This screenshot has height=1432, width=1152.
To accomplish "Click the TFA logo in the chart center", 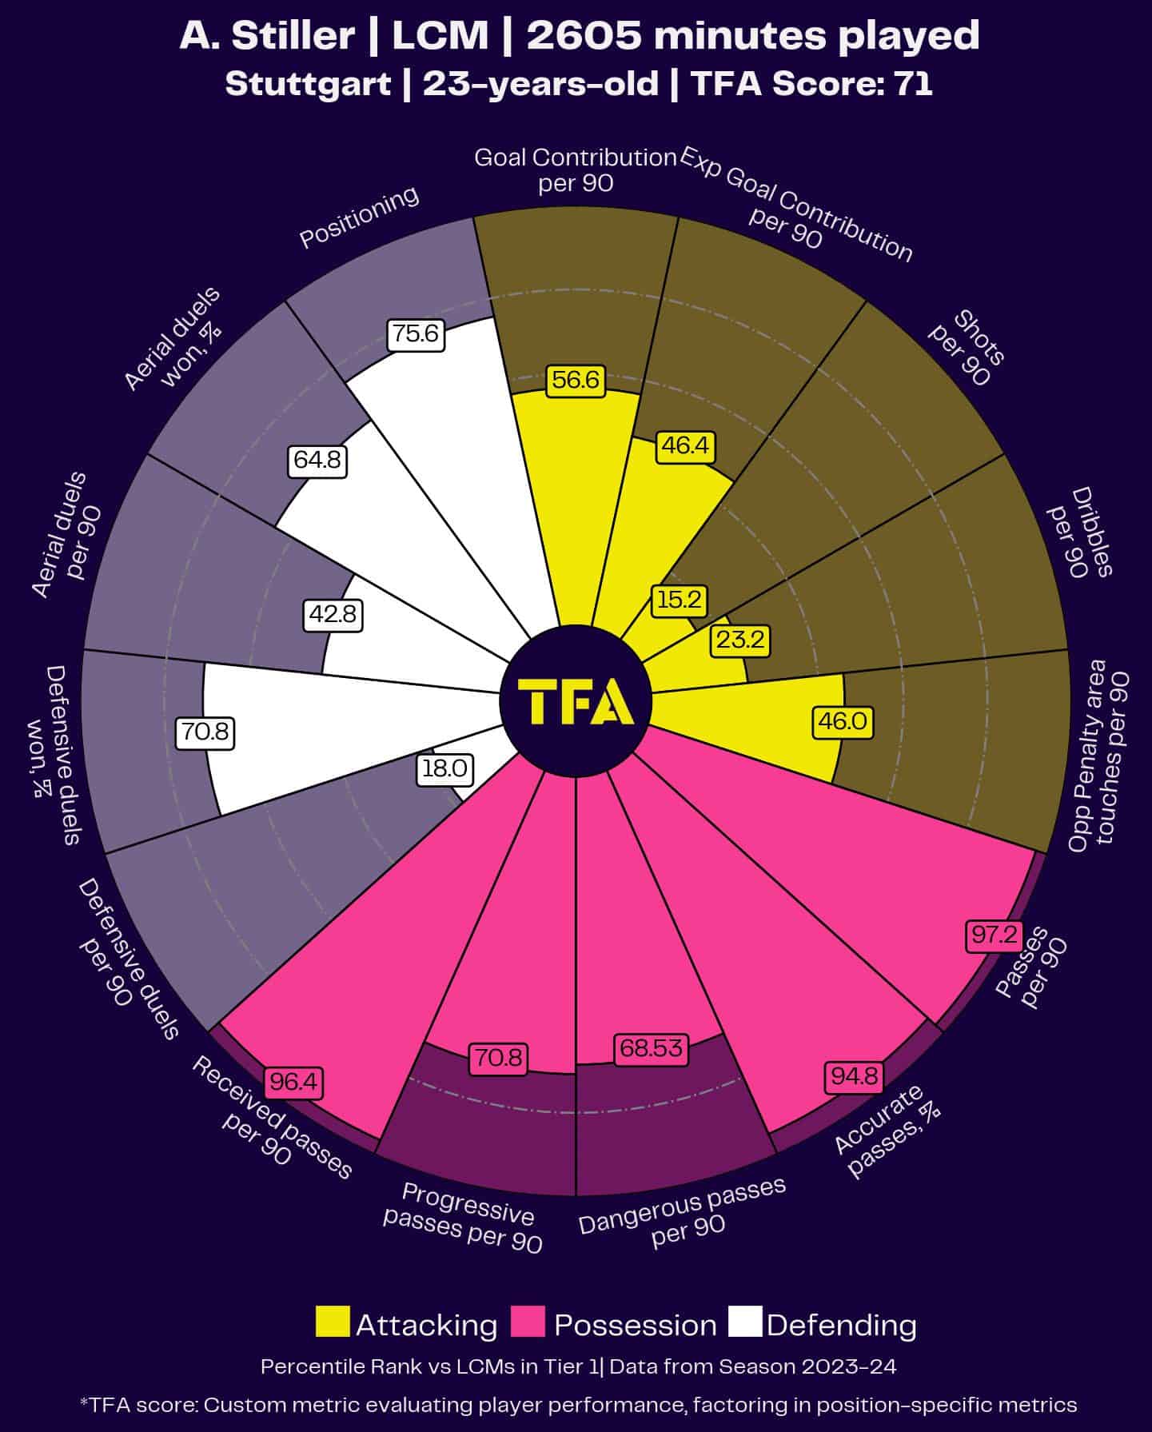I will (x=576, y=701).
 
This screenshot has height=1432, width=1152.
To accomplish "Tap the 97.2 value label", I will (x=994, y=934).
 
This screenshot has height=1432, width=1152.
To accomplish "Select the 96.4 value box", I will (x=293, y=1082).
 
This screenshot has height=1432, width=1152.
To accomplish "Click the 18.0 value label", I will (x=444, y=768).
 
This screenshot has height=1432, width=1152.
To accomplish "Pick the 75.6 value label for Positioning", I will (x=416, y=333).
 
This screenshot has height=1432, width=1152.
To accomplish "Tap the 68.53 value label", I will (x=651, y=1047).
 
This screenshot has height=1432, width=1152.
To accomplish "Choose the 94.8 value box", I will (x=854, y=1076).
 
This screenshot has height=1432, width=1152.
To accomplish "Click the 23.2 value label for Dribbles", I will (x=740, y=640).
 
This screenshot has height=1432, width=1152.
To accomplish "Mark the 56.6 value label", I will (x=576, y=379).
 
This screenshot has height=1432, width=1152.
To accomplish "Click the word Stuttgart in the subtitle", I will (x=308, y=83).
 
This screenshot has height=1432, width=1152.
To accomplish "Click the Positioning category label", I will (x=359, y=217).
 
